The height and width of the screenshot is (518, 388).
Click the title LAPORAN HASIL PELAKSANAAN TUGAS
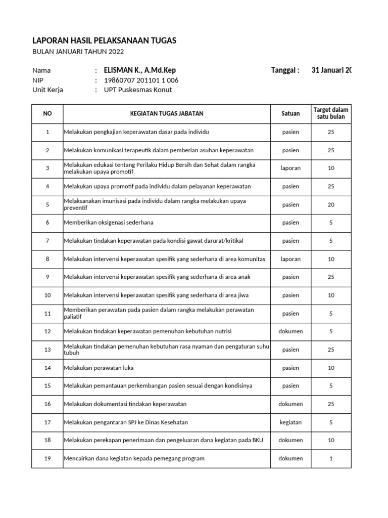coord(104,40)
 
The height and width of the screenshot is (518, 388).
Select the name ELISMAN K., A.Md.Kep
coord(139,70)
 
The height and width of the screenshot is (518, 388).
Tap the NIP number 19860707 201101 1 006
coord(140,80)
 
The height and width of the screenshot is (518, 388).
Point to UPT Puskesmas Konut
coord(137,90)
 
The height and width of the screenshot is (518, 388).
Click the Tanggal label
coord(285,70)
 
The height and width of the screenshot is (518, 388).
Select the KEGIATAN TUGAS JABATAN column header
coord(167,114)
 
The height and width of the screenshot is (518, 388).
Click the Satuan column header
coord(290,114)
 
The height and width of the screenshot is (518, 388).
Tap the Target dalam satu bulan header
coord(331,114)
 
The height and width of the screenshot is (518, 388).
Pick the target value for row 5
coord(331,205)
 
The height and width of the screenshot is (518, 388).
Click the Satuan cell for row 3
coord(290,168)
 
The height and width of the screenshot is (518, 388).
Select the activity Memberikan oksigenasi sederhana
coord(109,223)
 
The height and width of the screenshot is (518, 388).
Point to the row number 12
coord(47,331)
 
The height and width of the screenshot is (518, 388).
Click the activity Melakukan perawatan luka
coord(99,368)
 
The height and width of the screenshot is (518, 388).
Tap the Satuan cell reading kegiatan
coord(290,422)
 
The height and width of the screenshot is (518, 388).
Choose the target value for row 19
coord(331,458)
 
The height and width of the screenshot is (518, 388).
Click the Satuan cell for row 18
coord(290,440)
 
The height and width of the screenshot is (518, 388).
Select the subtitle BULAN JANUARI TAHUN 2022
coord(78,52)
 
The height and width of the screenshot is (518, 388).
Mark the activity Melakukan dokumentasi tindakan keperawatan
coord(125,404)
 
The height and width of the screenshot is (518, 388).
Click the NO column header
coord(47,114)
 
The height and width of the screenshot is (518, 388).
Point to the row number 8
coord(47,259)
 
